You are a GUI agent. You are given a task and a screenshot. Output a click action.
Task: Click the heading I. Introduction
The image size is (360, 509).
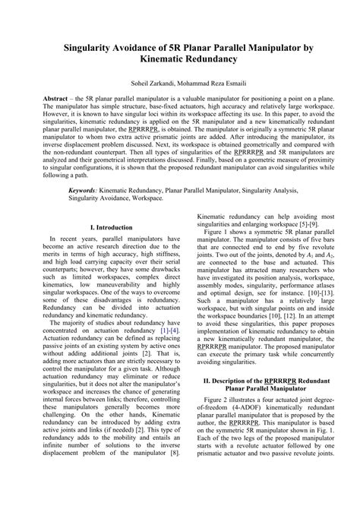pyautogui.click(x=111, y=226)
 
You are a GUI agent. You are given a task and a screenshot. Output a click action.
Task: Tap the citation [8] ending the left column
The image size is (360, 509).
pyautogui.click(x=174, y=474)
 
